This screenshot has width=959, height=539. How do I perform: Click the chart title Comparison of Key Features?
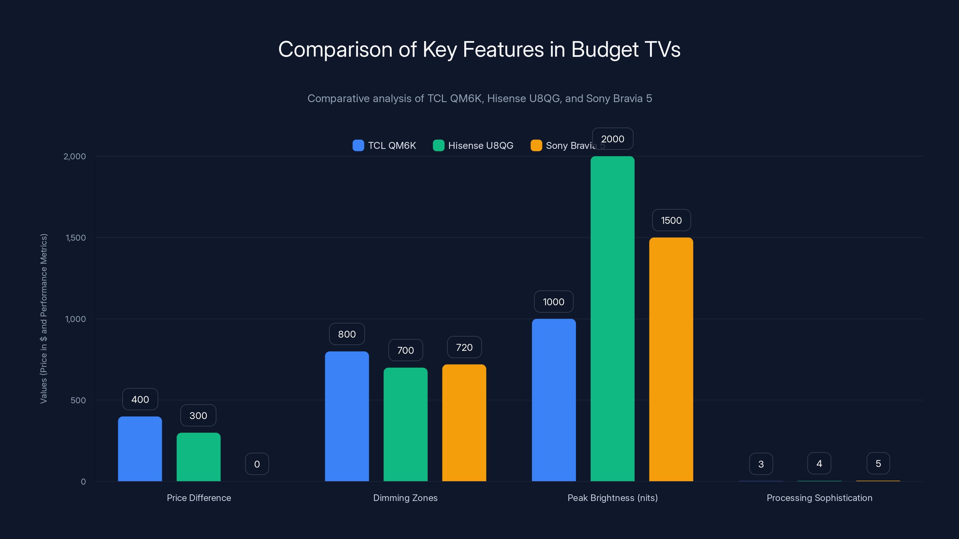(479, 49)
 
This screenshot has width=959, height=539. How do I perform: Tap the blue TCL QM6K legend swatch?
(358, 146)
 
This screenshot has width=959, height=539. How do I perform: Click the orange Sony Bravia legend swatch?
(536, 146)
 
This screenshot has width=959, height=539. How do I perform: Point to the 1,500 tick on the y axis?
(76, 238)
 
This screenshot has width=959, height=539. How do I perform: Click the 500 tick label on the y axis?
(78, 400)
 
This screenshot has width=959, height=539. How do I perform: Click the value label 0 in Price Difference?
(257, 464)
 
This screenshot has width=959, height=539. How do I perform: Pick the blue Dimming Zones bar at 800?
(347, 416)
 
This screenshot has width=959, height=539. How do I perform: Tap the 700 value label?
(405, 350)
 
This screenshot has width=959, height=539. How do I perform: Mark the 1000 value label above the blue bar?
(554, 302)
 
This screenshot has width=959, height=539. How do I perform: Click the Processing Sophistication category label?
(819, 498)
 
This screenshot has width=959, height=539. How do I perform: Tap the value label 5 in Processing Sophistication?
(878, 464)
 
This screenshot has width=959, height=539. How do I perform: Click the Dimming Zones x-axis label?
(405, 498)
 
